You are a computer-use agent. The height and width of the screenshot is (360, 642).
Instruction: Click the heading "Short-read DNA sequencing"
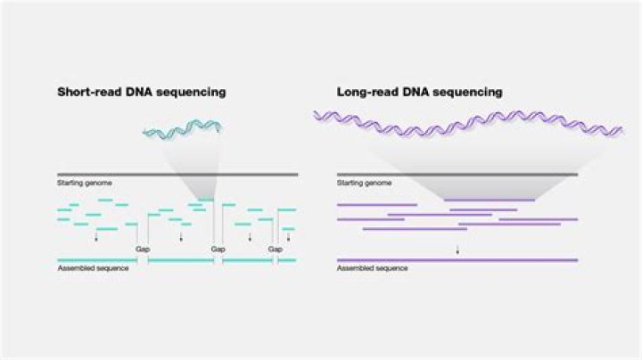[141, 92]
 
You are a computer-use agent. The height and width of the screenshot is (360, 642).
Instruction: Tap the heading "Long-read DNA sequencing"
[419, 92]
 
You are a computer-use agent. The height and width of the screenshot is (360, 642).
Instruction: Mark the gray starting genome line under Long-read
[457, 174]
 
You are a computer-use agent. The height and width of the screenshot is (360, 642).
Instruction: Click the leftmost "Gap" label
[142, 250]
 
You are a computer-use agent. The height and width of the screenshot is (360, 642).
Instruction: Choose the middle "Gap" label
[218, 250]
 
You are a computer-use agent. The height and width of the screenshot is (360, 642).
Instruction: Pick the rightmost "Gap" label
[276, 250]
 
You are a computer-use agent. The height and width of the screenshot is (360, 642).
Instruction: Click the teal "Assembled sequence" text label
[93, 267]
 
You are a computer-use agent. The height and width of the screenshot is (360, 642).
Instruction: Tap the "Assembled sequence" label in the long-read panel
[373, 267]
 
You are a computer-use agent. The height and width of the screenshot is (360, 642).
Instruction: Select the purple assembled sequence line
[457, 260]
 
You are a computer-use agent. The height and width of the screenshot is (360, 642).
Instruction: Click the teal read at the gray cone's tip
[206, 200]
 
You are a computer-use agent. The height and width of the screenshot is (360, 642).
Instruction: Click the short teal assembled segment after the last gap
[287, 260]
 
